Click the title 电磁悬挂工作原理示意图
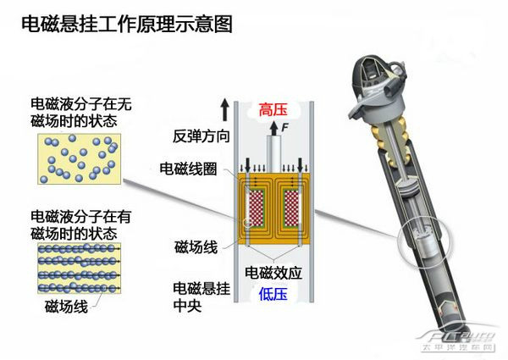(x=127, y=24)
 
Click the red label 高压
(x=273, y=109)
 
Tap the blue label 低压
(x=273, y=294)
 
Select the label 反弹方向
(x=201, y=136)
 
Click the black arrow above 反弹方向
(x=224, y=110)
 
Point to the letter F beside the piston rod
(x=284, y=127)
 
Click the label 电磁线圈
(x=188, y=169)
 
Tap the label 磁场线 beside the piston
(x=196, y=247)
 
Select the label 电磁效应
(x=273, y=273)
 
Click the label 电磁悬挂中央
(x=202, y=297)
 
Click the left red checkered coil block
(x=257, y=208)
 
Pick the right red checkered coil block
(x=291, y=208)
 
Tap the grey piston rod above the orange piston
(x=273, y=154)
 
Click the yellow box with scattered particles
(x=79, y=158)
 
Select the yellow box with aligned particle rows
(x=79, y=269)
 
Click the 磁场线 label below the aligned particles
(x=66, y=306)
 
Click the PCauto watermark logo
(x=457, y=340)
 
